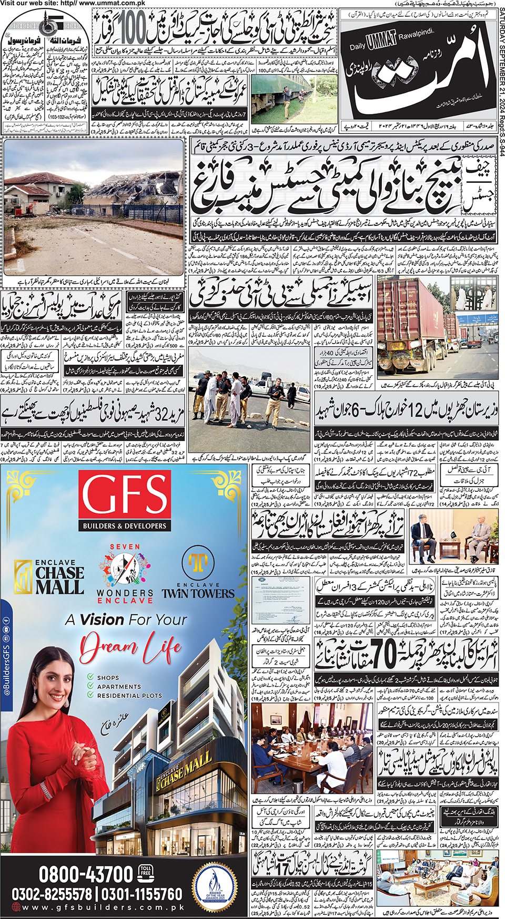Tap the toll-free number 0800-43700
pyautogui.click(x=86, y=874)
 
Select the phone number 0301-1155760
pyautogui.click(x=142, y=894)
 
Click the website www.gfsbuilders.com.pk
pyautogui.click(x=103, y=907)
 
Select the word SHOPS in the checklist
pyautogui.click(x=107, y=678)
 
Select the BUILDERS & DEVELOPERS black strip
pyautogui.click(x=125, y=526)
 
